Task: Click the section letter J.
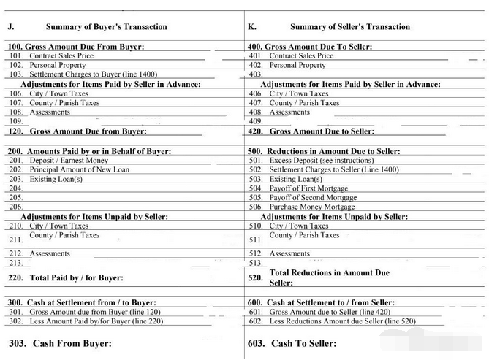coord(11,27)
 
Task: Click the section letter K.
coord(251,27)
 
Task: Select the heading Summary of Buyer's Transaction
coord(106,27)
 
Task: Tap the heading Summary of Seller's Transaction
coord(349,27)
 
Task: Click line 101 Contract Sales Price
coord(61,55)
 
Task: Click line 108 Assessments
coord(50,112)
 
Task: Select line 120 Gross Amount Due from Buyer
coord(88,131)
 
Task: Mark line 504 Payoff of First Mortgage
coord(308,188)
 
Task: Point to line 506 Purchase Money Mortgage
coord(312,207)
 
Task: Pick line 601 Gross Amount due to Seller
coord(330,312)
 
